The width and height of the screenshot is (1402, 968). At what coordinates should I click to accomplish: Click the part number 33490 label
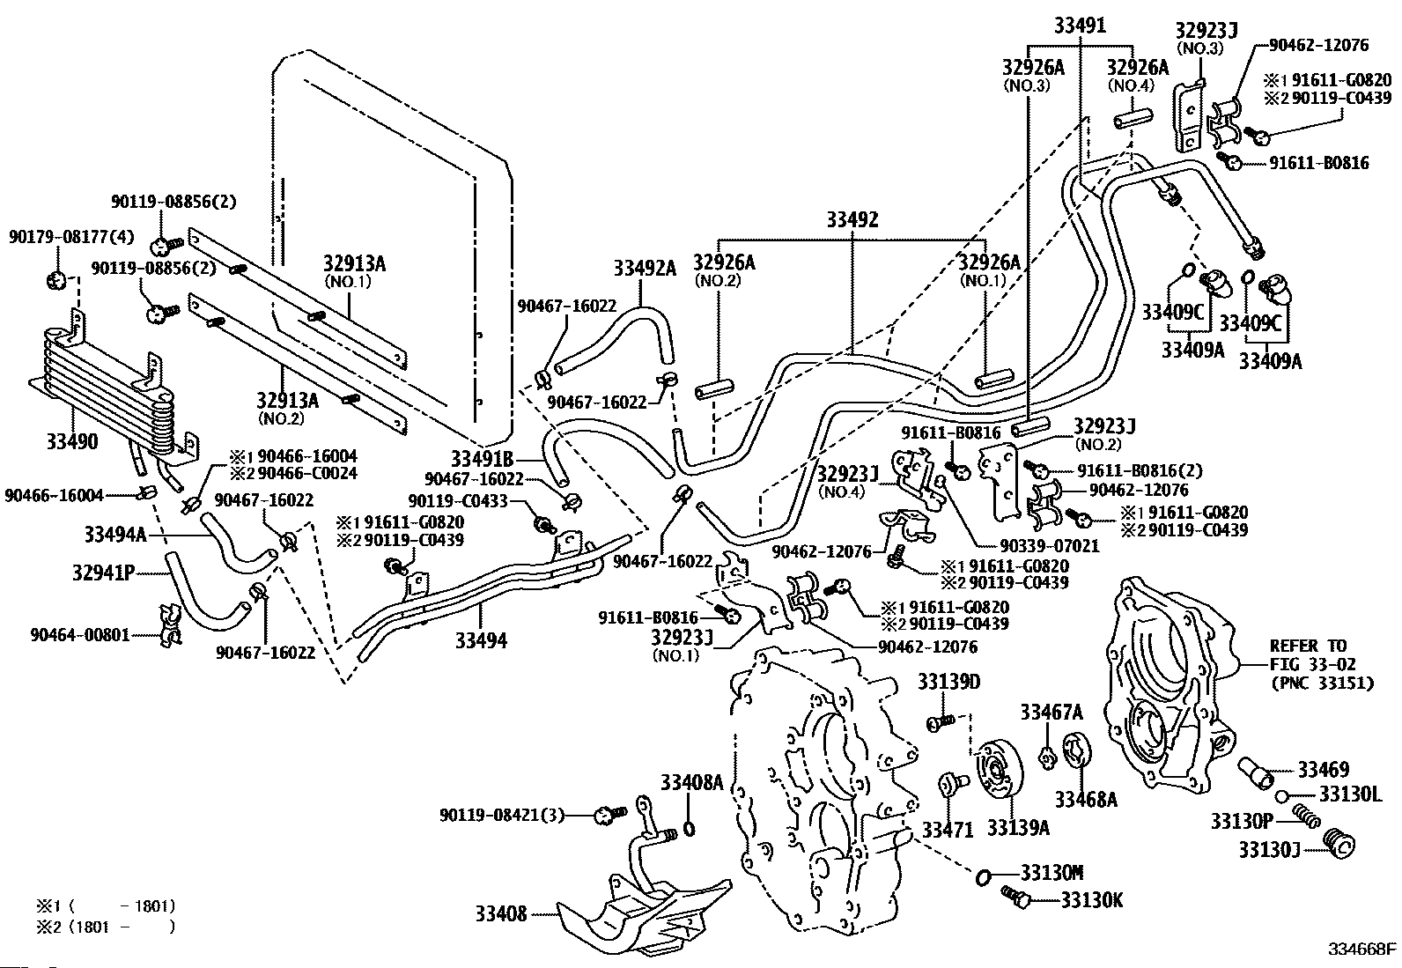point(72,441)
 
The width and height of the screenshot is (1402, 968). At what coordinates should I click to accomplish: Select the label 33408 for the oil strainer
point(501,913)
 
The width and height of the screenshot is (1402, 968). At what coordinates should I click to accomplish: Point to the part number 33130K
point(1091,900)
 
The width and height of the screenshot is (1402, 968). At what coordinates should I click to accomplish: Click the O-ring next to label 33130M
point(982,877)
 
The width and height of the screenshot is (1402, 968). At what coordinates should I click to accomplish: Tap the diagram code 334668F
point(1362,949)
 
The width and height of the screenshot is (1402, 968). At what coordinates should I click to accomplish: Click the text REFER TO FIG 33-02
point(1321,654)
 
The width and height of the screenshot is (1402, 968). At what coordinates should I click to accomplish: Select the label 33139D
point(948,682)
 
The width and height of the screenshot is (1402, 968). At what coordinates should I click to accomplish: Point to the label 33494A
point(115,534)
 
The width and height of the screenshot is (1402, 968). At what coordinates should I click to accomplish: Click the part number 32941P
point(104,573)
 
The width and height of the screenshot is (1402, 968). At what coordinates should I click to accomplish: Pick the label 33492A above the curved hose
point(645,268)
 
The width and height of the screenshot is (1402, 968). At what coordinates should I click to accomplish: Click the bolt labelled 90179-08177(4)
point(56,280)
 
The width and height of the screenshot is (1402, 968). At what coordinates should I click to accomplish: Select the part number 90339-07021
point(1040,546)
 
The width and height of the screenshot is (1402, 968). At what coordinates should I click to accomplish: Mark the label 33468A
point(1086,800)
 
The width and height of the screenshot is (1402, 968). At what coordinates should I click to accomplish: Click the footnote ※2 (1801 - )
point(106,927)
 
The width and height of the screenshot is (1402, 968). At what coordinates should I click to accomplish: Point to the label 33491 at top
point(1081,25)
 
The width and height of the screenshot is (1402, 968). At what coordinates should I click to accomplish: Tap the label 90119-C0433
point(458,501)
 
